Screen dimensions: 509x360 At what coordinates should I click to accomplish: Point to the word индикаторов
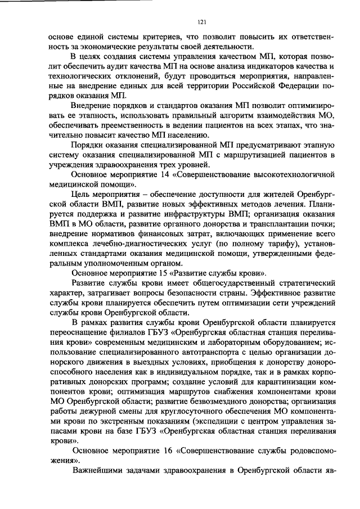click(255, 67)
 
